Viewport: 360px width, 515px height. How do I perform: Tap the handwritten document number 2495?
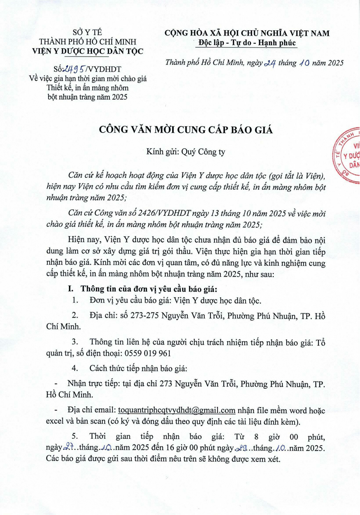(x=73, y=69)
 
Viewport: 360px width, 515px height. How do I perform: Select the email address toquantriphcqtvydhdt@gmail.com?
(x=176, y=410)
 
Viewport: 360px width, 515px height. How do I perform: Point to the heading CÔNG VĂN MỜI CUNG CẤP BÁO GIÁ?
(x=186, y=130)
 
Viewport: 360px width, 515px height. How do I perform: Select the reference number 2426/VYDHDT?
(x=164, y=213)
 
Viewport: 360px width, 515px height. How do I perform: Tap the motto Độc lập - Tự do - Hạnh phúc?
(x=247, y=43)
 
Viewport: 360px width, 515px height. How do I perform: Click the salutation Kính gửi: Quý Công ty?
(x=186, y=152)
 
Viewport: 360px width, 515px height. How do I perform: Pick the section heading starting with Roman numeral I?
(x=143, y=289)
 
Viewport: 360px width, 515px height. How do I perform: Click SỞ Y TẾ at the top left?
(x=87, y=32)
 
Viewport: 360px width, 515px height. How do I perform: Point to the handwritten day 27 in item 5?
(x=69, y=447)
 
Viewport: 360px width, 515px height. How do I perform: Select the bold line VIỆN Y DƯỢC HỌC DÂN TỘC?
(x=88, y=51)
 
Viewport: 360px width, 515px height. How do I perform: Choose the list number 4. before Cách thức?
(x=75, y=369)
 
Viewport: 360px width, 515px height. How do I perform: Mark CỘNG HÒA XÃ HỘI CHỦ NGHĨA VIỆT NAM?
(x=247, y=33)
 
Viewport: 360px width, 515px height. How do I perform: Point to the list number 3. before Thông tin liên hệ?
(x=75, y=342)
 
